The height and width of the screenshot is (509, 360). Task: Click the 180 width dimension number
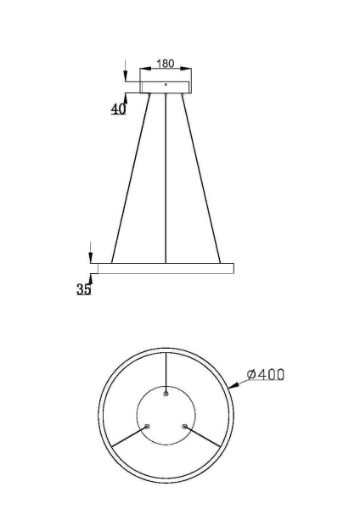(x=166, y=64)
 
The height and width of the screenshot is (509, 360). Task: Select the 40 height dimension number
(x=118, y=109)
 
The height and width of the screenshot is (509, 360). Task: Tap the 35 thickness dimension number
(x=83, y=289)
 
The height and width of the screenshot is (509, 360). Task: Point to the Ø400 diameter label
(x=265, y=374)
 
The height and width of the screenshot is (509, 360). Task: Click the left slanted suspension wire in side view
(x=131, y=178)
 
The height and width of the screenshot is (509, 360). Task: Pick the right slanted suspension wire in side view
(x=200, y=178)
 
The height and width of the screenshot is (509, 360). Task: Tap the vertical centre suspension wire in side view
(x=166, y=178)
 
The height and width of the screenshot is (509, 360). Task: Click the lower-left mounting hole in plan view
(x=148, y=426)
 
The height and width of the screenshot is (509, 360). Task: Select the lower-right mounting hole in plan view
(x=183, y=426)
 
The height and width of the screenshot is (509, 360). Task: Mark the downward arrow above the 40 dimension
(x=125, y=76)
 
